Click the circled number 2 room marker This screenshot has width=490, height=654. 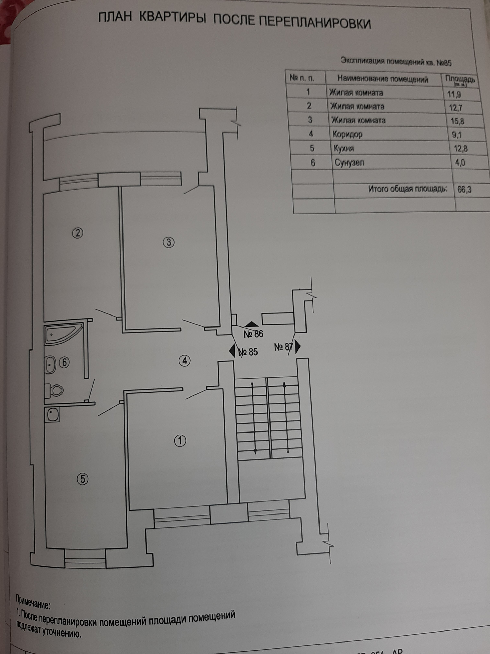[x=78, y=233]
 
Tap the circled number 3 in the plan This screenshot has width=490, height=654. [x=169, y=242]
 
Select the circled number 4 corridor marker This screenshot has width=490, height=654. [x=185, y=361]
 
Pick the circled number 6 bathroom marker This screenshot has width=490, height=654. [x=64, y=363]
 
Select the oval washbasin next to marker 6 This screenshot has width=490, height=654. [x=50, y=365]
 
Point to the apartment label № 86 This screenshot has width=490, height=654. [x=253, y=334]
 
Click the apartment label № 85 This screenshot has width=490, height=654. [x=248, y=352]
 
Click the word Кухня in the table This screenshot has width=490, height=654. [x=344, y=148]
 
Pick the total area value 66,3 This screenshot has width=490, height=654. [x=464, y=190]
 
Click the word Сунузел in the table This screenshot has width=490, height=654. [x=349, y=163]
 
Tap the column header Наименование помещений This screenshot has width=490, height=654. [x=383, y=79]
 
